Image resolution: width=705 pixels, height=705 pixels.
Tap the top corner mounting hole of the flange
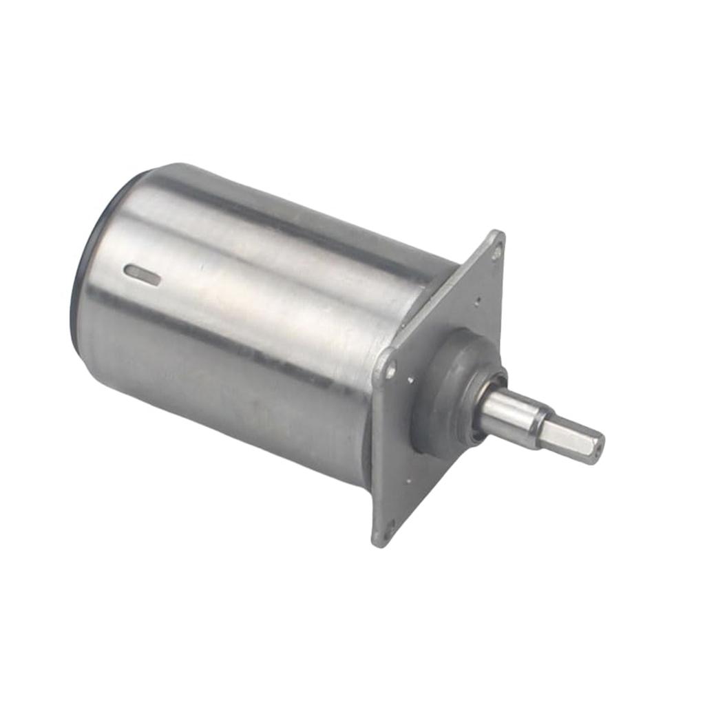[x=496, y=253]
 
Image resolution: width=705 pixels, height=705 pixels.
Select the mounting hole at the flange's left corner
[x=390, y=371]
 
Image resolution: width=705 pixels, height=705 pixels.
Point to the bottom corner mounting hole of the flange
[x=390, y=529]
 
